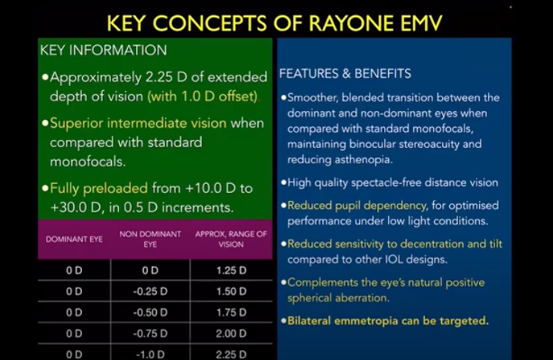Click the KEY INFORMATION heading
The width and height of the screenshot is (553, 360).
coord(103,51)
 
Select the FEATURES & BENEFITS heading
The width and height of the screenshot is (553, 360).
coord(345,74)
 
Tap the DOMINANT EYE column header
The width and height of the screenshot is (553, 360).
coord(74,239)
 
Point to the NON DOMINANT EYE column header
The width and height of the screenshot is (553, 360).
coord(150,239)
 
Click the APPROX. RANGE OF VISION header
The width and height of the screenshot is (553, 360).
coord(231,239)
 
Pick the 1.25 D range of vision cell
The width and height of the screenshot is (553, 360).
coord(231,271)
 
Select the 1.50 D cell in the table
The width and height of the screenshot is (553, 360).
coord(231,291)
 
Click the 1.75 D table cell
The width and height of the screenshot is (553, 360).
coord(231,312)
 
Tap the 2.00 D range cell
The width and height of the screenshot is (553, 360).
coord(231,333)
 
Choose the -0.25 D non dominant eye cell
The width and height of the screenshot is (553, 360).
coord(150,291)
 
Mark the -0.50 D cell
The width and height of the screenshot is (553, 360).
coord(150,312)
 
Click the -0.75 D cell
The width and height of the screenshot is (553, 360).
coord(150,333)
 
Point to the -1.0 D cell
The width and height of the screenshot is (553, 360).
coord(150,354)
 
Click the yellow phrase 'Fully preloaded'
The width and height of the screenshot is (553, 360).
coord(98,190)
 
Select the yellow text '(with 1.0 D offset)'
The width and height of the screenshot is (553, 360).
coord(202,96)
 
